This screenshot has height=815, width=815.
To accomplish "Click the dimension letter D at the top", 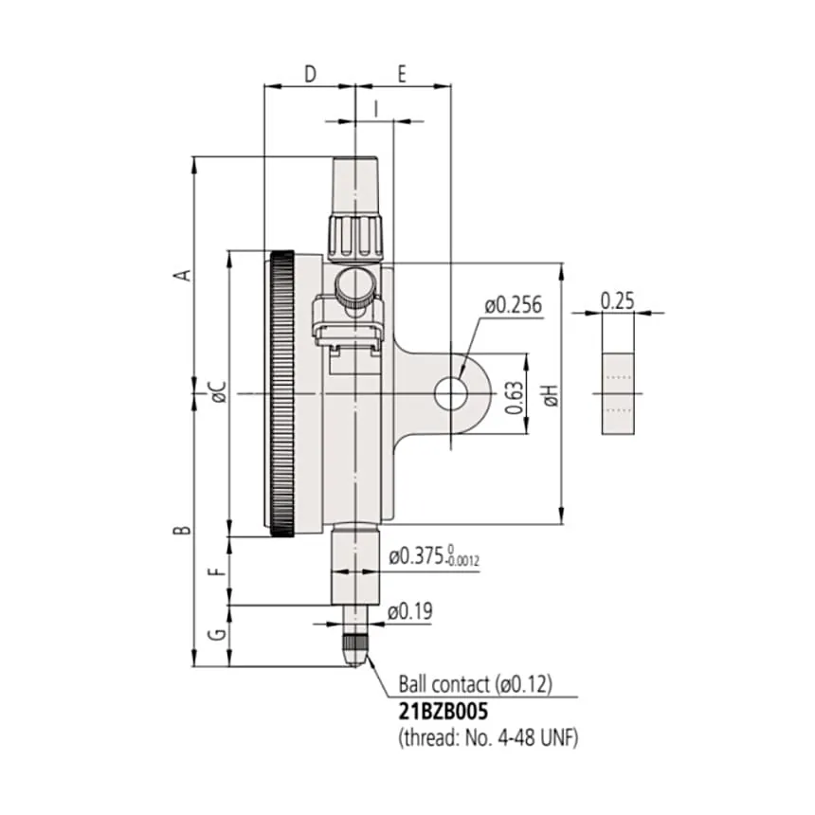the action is (x=310, y=74).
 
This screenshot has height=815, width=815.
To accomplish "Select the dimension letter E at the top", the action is (x=402, y=74).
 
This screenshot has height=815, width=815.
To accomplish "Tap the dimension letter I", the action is (x=376, y=109).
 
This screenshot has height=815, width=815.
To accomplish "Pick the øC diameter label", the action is (x=218, y=392).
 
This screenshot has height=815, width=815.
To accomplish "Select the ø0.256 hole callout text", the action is (x=514, y=304).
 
